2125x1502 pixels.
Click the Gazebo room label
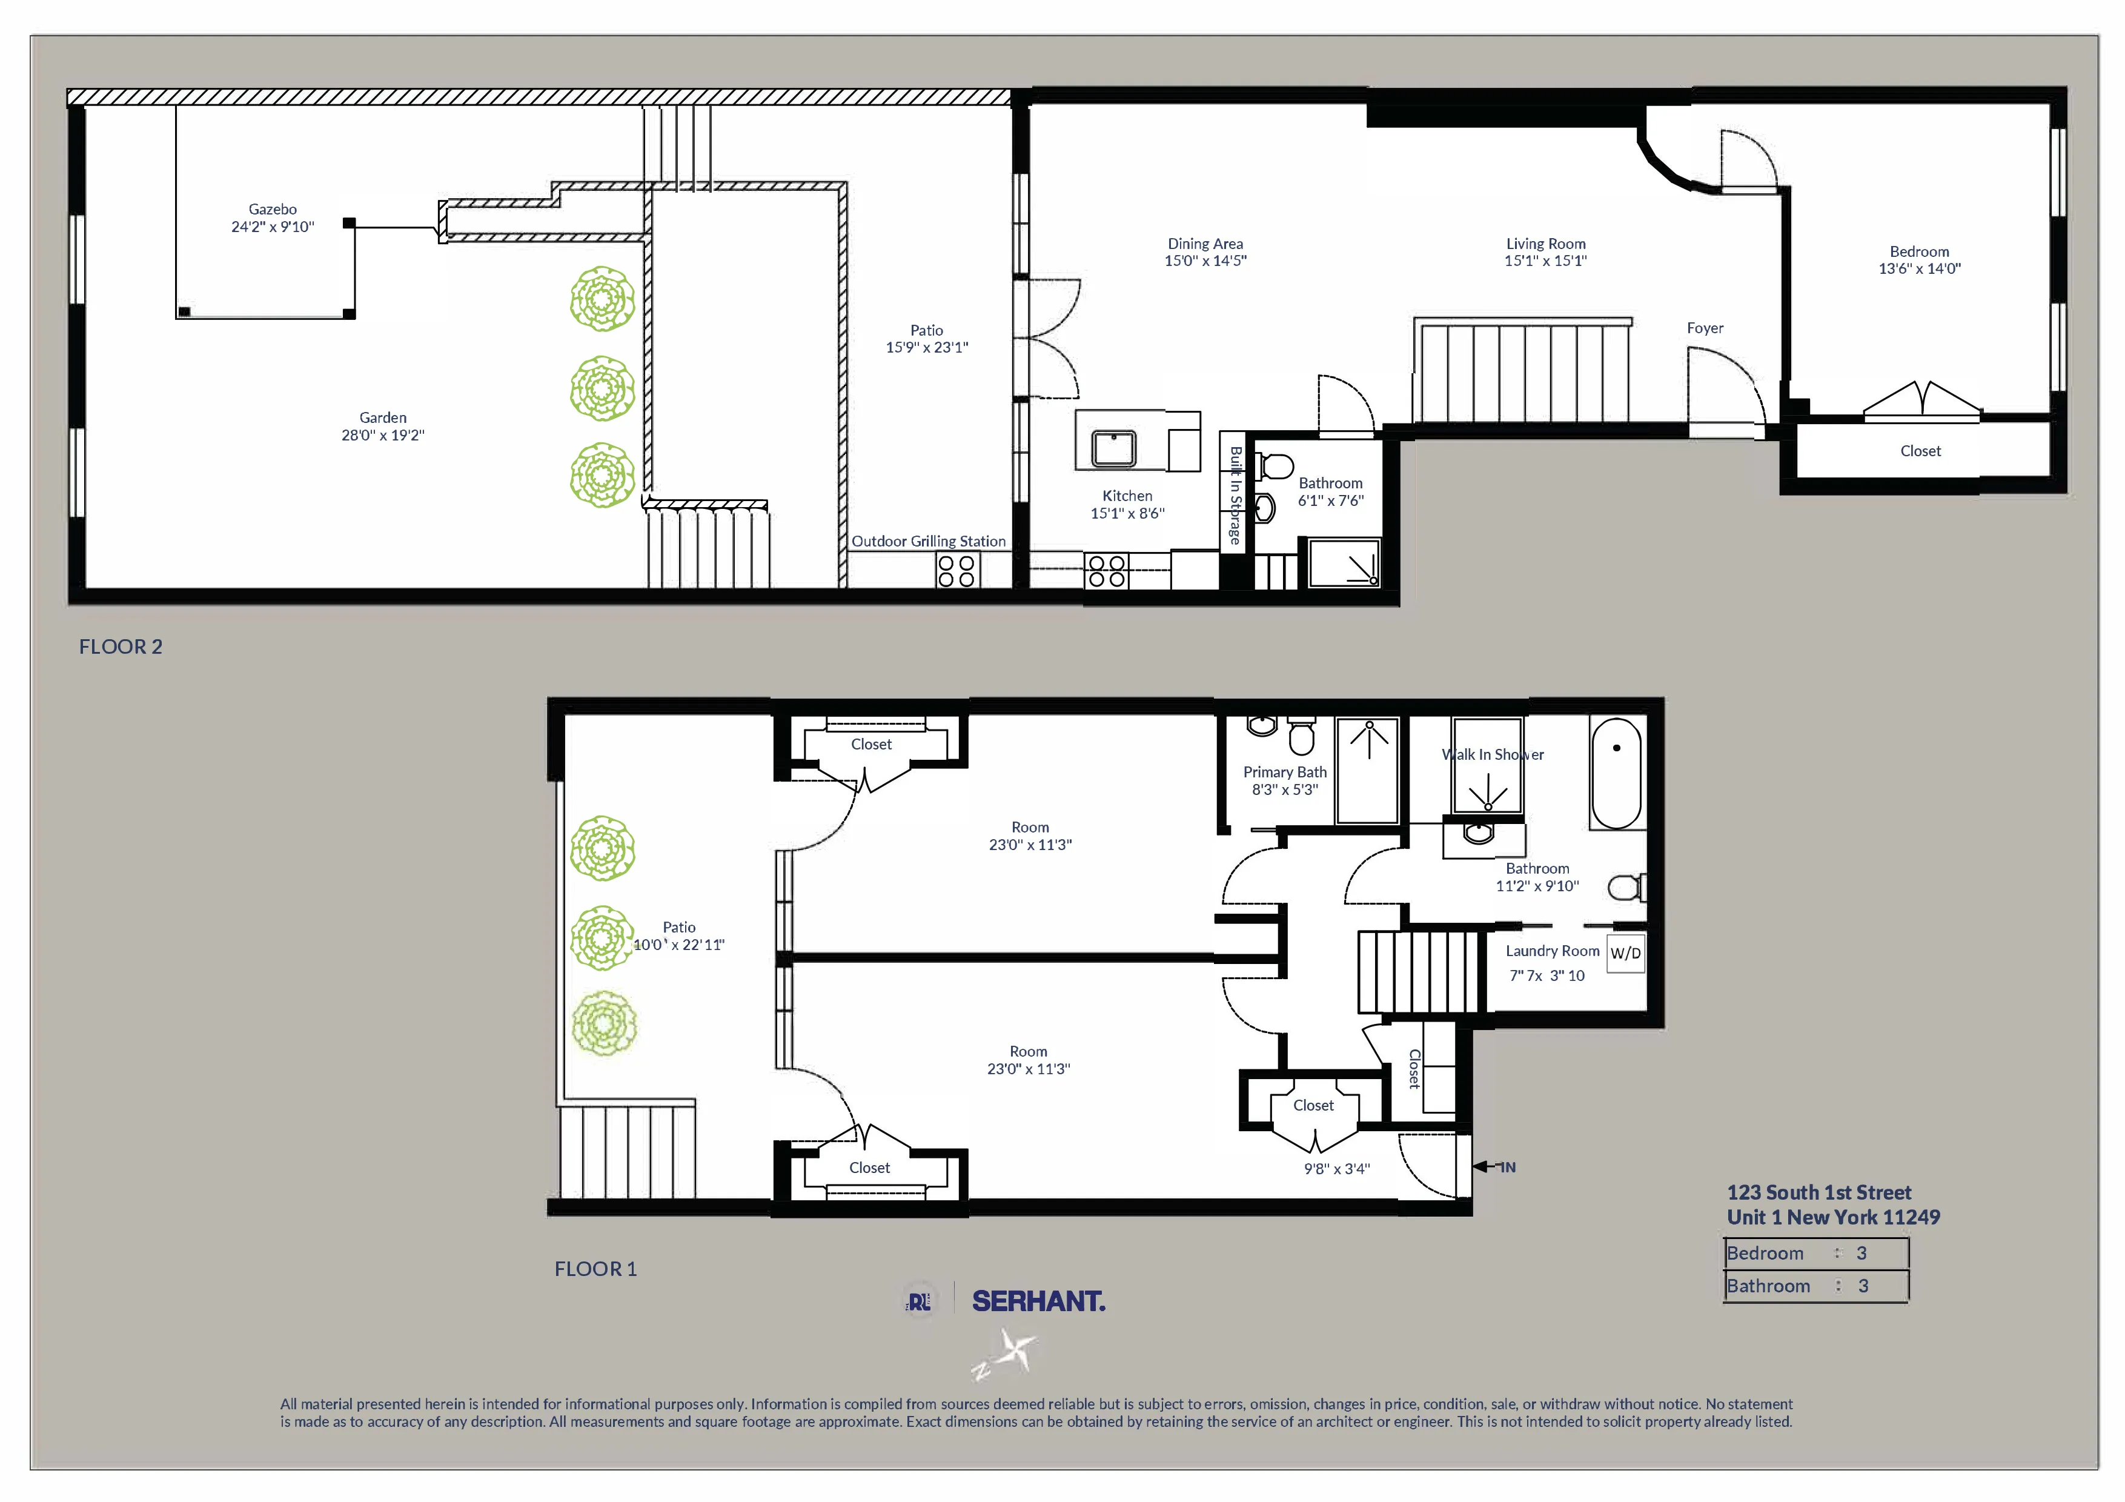click(x=272, y=209)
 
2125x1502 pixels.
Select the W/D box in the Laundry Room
click(x=1625, y=953)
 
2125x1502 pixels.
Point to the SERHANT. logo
click(x=1038, y=1301)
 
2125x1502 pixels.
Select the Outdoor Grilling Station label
click(x=927, y=542)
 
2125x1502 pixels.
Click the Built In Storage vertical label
click(x=1235, y=495)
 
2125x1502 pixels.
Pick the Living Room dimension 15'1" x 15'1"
click(x=1545, y=261)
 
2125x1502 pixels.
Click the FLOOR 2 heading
click(x=121, y=647)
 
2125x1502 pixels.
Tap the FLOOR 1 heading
click(x=595, y=1269)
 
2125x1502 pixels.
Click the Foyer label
click(x=1704, y=328)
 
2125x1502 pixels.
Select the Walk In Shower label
click(x=1492, y=754)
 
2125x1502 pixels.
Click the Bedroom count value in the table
click(x=1861, y=1253)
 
